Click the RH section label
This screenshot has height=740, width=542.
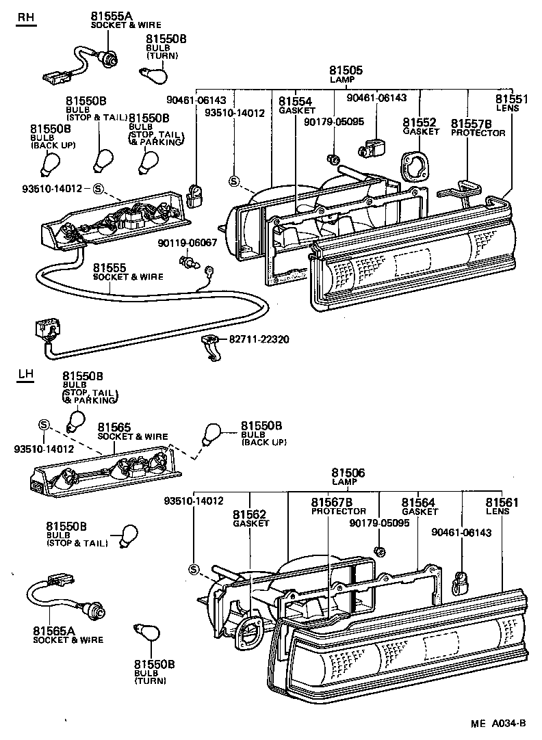click(25, 19)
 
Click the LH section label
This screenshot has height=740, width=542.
click(25, 374)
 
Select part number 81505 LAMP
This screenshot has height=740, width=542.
click(346, 75)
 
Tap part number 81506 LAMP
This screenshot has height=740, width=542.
click(348, 477)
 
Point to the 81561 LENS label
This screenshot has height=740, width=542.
click(502, 506)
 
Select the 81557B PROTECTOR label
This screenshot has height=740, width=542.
click(477, 127)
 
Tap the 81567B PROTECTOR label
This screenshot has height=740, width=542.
click(338, 506)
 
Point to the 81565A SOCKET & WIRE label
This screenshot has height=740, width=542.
click(68, 635)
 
